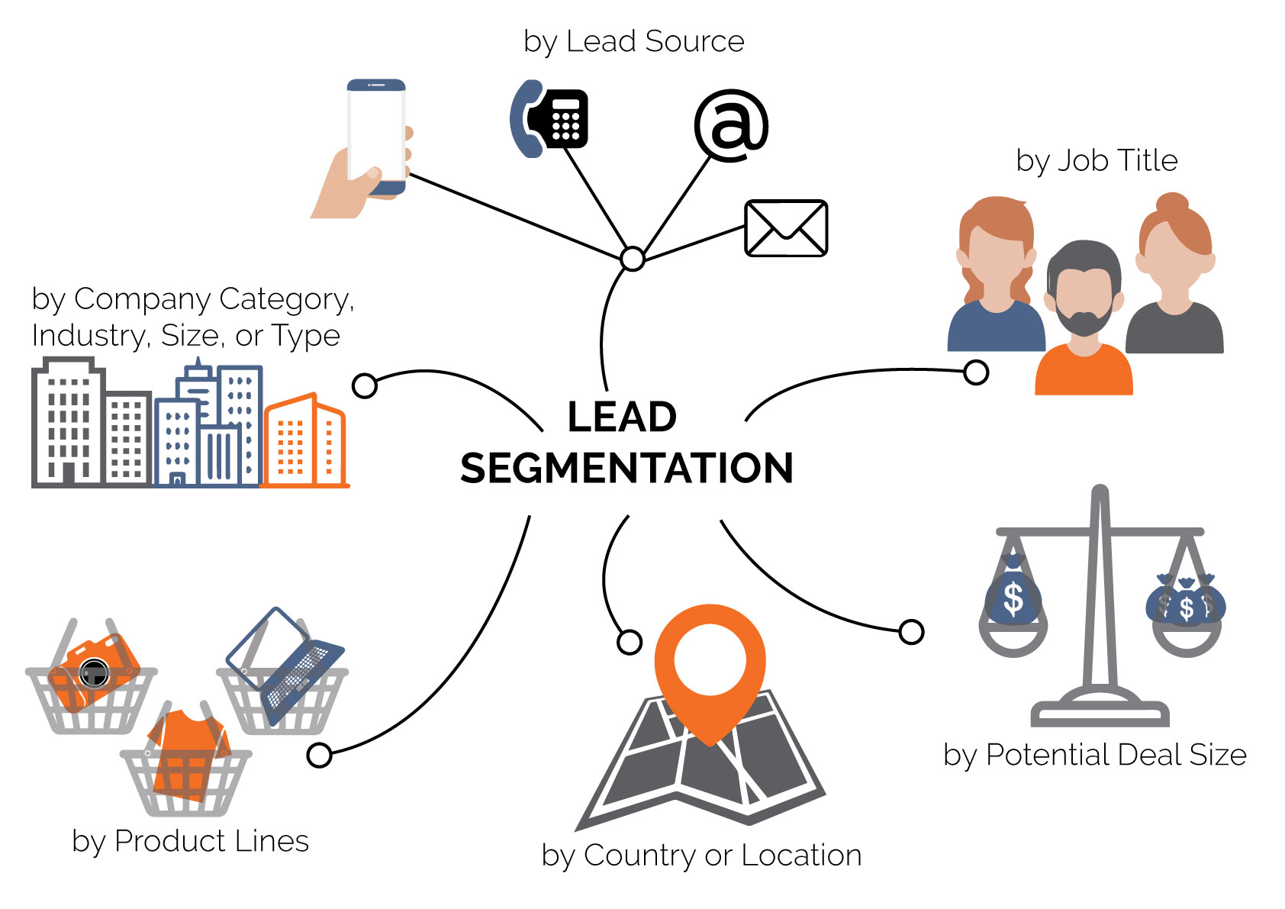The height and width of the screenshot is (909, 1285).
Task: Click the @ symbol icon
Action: tap(730, 125)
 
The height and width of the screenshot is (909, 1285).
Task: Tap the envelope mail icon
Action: tap(786, 228)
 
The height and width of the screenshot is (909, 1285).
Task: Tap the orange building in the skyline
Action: tap(304, 443)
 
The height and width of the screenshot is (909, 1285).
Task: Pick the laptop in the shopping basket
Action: tap(286, 664)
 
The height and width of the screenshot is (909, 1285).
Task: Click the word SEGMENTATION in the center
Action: tap(626, 468)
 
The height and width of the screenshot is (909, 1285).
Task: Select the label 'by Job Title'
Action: tap(1097, 161)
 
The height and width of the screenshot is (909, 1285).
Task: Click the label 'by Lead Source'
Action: tap(633, 41)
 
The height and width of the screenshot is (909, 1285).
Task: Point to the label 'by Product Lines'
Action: tap(190, 841)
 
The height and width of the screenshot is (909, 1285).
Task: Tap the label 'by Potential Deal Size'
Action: tap(1094, 755)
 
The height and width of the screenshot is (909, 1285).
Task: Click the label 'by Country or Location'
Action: tap(701, 856)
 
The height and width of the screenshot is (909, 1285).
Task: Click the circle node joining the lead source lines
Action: tap(633, 259)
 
